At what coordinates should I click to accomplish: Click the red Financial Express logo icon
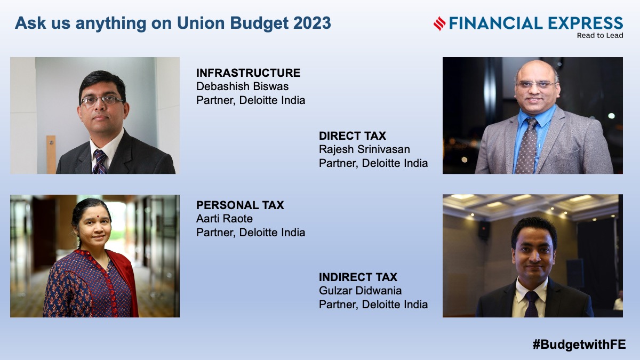click(439, 23)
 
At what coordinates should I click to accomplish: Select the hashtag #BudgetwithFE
click(579, 345)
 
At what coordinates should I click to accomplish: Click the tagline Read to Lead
click(600, 35)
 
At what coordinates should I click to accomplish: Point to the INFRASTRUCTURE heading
click(248, 73)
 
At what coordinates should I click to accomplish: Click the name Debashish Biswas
click(242, 86)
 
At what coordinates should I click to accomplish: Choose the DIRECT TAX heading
click(353, 135)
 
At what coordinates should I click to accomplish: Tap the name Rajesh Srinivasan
click(364, 149)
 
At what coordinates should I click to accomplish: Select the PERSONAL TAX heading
click(240, 205)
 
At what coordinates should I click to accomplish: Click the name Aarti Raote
click(225, 219)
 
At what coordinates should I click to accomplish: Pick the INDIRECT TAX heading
click(358, 277)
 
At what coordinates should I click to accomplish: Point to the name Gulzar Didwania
click(361, 291)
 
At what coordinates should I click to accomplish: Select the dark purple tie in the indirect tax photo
click(531, 304)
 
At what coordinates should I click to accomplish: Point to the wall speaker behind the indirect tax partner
click(484, 230)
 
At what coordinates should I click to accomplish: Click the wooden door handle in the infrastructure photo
click(51, 154)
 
